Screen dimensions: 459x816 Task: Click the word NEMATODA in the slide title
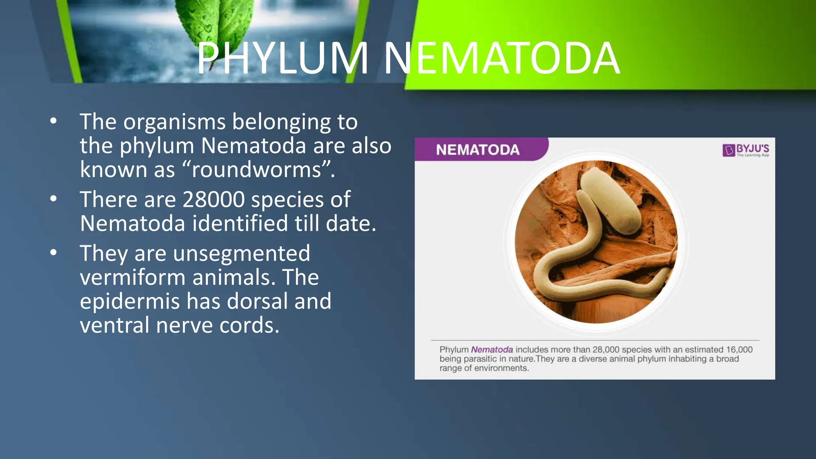tap(501, 59)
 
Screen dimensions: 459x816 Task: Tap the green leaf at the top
tap(215, 24)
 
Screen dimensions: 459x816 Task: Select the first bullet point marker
tap(54, 121)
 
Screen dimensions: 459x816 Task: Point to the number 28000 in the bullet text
tap(214, 199)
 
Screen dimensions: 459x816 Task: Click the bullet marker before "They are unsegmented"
tap(54, 253)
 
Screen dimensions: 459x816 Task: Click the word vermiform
tap(132, 278)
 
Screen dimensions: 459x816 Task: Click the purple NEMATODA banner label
tap(477, 150)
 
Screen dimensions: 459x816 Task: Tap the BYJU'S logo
tap(745, 150)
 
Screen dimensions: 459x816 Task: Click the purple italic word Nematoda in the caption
tap(492, 350)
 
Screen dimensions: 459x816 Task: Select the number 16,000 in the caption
tap(739, 350)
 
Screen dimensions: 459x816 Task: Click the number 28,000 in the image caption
tap(606, 350)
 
